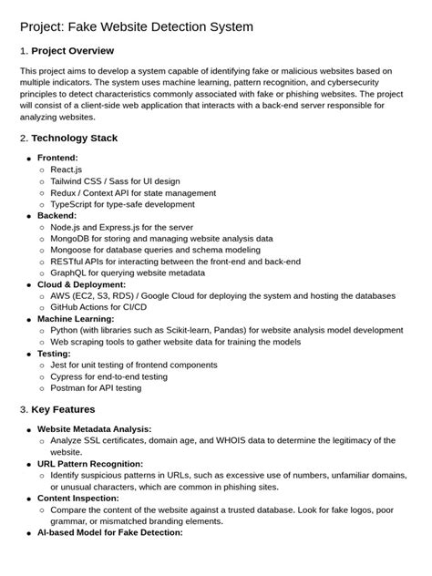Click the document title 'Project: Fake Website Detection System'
coord(137,27)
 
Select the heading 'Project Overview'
coord(72,51)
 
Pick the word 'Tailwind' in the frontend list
coord(72,181)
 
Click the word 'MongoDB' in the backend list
coord(76,238)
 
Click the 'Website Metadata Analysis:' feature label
coord(94,428)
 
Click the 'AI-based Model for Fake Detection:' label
coord(110,532)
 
